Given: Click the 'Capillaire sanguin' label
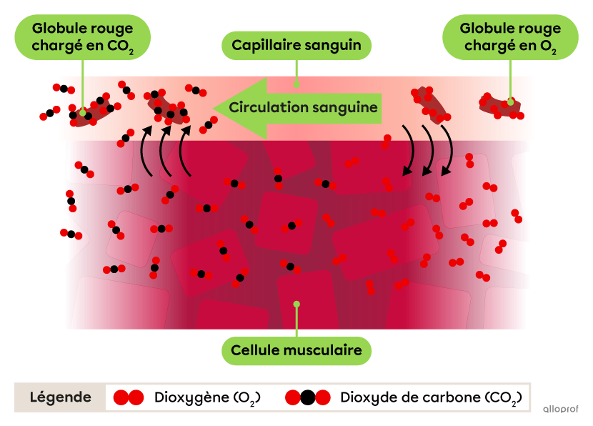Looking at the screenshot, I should point(296,46).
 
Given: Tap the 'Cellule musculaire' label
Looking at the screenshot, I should point(296,351).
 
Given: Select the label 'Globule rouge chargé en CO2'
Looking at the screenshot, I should point(83,37).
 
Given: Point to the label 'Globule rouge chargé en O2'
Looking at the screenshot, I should point(510,37).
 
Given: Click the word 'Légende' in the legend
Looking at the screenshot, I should point(60,397).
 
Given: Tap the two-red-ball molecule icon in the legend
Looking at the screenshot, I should point(129,397).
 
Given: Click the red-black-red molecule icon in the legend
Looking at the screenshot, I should point(307,397).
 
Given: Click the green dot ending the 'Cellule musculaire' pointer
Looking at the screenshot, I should point(296,304).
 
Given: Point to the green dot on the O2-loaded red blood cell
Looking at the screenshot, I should point(510,101).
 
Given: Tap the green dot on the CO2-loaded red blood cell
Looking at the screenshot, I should point(83,112).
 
